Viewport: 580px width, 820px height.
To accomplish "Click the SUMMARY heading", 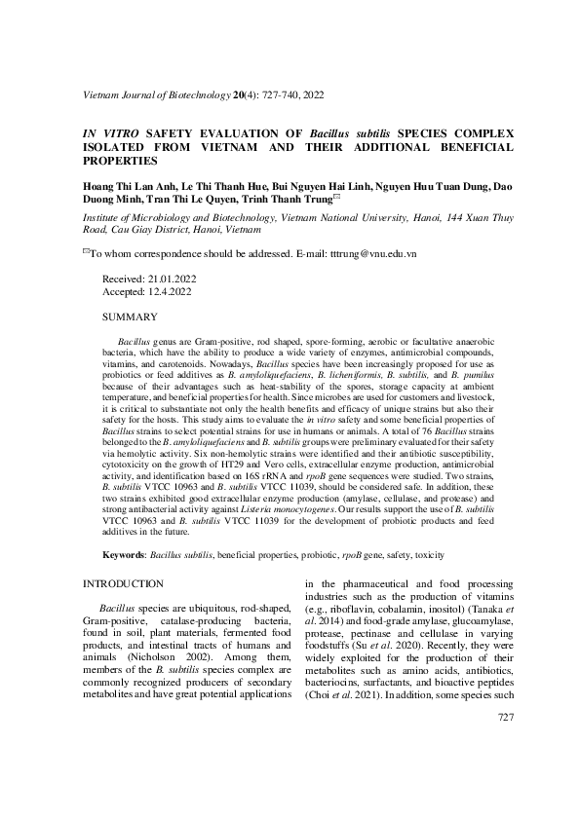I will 130,317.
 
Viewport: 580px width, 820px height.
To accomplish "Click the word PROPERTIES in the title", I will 118,159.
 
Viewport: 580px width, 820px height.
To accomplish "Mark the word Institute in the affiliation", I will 103,219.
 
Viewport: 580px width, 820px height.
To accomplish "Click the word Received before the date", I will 123,279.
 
